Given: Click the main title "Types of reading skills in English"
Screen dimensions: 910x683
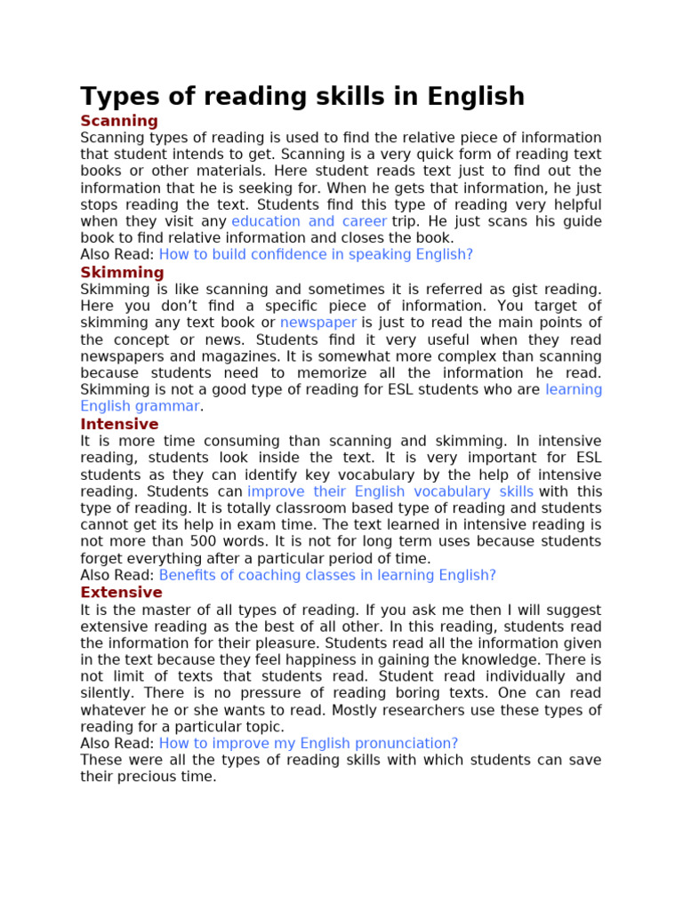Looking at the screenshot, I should (x=302, y=96).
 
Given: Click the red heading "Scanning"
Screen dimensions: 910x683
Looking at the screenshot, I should (x=119, y=121).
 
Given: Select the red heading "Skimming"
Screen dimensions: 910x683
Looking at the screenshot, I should (x=122, y=272).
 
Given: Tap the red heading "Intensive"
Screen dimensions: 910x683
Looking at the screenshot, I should (x=119, y=424).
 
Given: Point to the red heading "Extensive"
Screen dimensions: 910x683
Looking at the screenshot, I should (x=121, y=592).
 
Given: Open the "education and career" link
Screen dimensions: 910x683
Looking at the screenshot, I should (x=309, y=221).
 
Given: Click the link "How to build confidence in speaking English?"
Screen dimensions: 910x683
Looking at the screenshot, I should (x=316, y=254).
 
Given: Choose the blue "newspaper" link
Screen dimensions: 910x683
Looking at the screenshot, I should (x=318, y=323).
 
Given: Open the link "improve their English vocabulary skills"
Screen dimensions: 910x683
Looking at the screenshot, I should (x=390, y=491).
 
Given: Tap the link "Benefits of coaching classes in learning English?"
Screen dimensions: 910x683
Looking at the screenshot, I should (x=327, y=575).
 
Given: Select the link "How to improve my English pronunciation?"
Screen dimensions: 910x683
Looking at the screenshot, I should (x=309, y=743).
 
